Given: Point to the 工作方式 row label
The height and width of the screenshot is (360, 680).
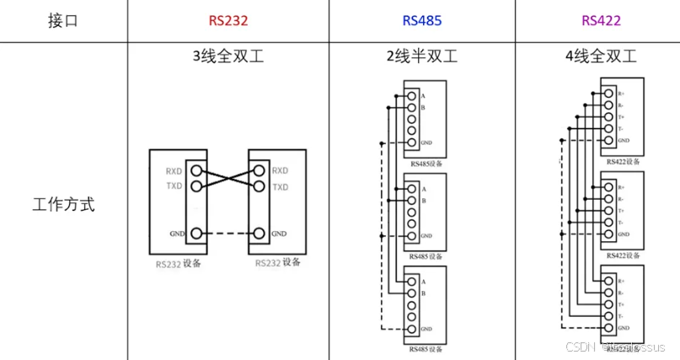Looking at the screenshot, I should (x=63, y=205).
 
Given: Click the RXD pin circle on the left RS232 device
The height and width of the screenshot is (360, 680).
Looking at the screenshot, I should (x=195, y=171).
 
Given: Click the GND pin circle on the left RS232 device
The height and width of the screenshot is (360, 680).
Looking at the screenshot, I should (x=195, y=234).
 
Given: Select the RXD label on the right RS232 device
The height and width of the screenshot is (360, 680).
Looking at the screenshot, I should (x=281, y=171).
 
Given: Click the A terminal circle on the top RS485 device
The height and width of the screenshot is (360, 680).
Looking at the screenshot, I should (x=411, y=96).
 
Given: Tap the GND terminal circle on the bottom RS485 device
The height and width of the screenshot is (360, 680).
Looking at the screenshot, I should (x=411, y=328).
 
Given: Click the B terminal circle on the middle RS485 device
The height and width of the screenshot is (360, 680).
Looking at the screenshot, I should (x=411, y=201).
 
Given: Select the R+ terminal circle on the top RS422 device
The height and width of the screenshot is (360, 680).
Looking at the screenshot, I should (x=608, y=94).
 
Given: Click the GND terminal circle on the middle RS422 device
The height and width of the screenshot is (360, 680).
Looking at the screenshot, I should (x=608, y=234).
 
